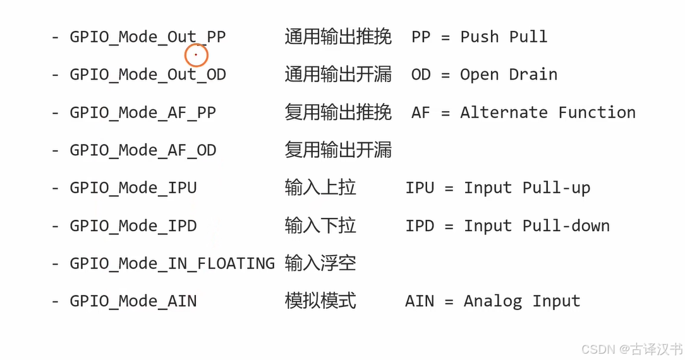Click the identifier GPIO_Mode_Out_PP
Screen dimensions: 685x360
[148, 37]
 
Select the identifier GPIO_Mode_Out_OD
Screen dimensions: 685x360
[148, 75]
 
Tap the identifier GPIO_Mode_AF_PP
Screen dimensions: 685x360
[143, 112]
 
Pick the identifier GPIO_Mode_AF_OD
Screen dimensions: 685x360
[143, 150]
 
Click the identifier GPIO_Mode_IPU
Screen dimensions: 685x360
[133, 188]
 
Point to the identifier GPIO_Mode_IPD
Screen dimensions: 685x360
[133, 225]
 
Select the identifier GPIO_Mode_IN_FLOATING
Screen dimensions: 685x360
[172, 263]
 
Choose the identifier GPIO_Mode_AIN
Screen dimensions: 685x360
[133, 301]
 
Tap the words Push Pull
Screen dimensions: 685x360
[504, 37]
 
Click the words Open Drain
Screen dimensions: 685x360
[509, 75]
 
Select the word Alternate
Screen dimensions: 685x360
[504, 112]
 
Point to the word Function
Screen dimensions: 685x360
[597, 112]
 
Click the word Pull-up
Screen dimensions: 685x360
[557, 188]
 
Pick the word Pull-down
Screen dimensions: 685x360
[566, 225]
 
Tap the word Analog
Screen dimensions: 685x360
[493, 301]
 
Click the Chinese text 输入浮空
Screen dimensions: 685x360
[320, 263]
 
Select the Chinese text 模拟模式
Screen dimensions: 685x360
[320, 301]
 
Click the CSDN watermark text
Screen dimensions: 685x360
[632, 349]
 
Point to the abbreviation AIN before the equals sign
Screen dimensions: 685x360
[420, 301]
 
